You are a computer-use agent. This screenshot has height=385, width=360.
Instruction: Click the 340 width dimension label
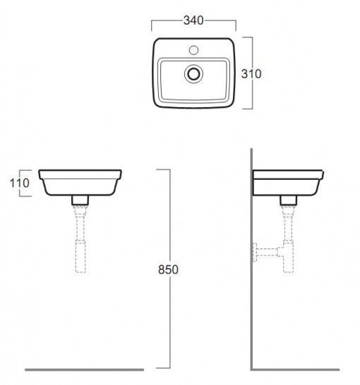click(x=193, y=20)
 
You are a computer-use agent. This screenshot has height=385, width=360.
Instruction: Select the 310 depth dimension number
click(x=251, y=73)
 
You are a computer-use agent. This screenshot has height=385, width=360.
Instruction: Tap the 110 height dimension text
click(x=20, y=183)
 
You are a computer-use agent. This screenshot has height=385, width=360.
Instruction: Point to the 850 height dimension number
click(x=168, y=269)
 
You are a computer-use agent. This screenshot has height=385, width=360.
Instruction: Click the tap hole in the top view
click(x=193, y=50)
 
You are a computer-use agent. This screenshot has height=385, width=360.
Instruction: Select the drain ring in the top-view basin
click(x=193, y=73)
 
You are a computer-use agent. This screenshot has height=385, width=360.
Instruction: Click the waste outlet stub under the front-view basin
click(x=80, y=200)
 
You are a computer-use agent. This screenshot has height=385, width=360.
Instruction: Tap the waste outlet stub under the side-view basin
click(x=289, y=200)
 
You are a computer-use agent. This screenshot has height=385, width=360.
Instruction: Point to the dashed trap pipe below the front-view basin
click(x=80, y=239)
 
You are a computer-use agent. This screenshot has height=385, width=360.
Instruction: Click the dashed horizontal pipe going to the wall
click(x=267, y=252)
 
